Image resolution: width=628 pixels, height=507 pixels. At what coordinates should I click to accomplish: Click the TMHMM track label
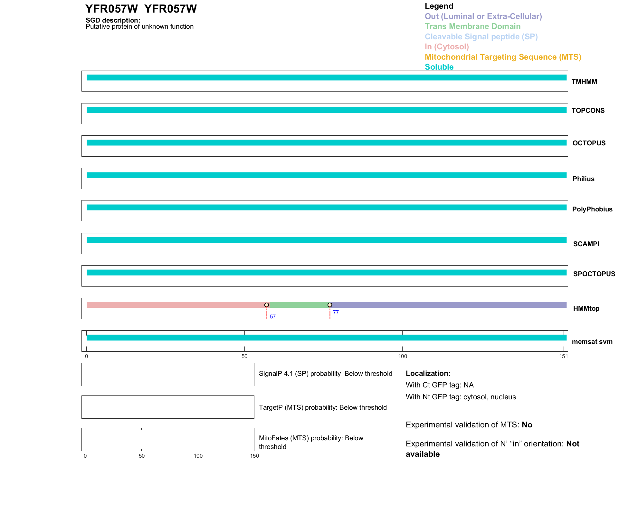click(584, 82)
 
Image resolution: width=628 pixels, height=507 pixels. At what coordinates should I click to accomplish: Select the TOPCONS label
click(588, 111)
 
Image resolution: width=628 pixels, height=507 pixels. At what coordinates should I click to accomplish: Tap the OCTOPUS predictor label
click(589, 143)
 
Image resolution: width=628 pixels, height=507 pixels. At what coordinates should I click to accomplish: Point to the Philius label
click(583, 179)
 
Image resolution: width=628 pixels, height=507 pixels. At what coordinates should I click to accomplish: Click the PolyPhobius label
click(592, 209)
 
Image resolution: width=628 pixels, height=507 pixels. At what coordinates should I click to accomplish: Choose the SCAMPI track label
click(586, 244)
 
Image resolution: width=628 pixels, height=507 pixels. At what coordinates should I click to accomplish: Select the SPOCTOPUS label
click(594, 274)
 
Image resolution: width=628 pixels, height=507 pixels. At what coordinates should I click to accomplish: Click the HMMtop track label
click(586, 308)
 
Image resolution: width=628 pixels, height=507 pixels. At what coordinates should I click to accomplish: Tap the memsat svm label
click(592, 342)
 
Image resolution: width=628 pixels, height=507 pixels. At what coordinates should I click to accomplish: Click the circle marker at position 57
click(267, 305)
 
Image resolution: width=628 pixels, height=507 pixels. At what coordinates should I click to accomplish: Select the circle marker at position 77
click(330, 305)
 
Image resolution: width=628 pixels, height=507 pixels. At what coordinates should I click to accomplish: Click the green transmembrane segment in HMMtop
click(298, 305)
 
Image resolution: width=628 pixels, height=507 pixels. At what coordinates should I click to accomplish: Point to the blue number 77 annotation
click(336, 312)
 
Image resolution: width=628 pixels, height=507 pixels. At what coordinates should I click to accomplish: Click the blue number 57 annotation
click(272, 317)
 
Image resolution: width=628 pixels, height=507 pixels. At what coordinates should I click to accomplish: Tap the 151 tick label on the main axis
click(563, 356)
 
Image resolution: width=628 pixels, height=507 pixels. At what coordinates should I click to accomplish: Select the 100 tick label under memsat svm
click(403, 356)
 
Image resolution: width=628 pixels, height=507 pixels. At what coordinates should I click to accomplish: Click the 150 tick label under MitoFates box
click(254, 456)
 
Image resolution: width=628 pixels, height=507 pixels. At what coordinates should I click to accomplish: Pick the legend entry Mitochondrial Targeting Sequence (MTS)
click(503, 57)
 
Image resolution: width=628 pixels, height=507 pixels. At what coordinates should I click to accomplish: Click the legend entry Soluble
click(439, 67)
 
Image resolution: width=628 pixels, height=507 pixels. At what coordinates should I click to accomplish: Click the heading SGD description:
click(113, 20)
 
